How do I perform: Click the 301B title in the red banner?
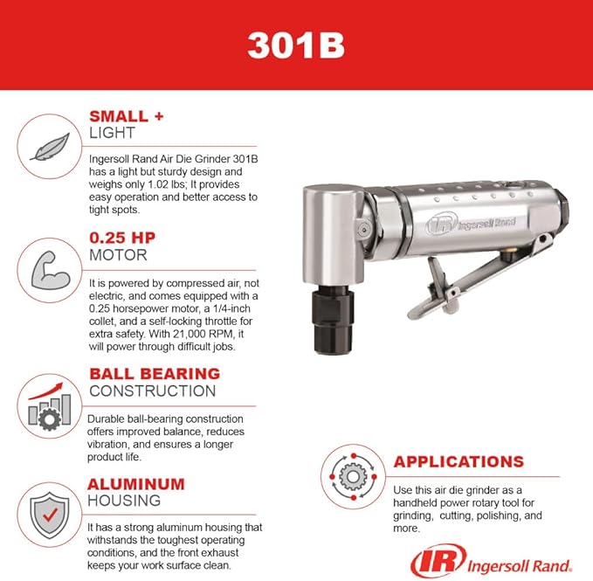296,45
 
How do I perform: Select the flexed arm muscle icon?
43,267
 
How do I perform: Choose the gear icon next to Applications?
351,477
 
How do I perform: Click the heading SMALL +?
127,116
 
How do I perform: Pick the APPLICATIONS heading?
459,461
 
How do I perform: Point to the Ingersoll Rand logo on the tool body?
468,223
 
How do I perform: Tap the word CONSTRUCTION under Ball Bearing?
152,391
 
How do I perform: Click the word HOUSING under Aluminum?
125,501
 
